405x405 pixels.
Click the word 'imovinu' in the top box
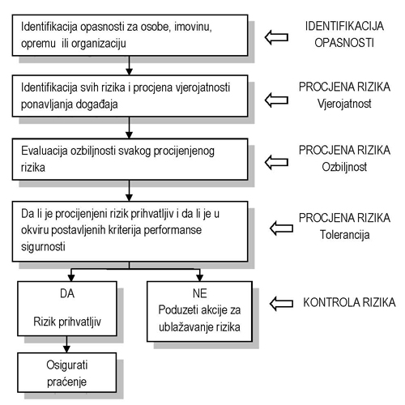point(193,27)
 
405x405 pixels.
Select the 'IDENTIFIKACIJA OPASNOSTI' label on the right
point(344,34)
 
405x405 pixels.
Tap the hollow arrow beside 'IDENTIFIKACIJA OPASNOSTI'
point(276,37)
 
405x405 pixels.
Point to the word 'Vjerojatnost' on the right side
point(344,104)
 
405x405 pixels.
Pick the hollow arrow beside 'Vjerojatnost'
point(276,100)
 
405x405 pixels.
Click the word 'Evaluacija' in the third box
point(45,151)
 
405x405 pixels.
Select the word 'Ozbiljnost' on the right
point(344,167)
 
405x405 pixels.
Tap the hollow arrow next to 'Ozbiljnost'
point(276,162)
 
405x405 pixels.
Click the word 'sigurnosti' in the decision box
point(43,246)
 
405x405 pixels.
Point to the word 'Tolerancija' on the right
point(345,235)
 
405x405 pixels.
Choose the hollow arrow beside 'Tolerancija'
point(282,228)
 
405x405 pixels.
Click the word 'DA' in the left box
point(67,293)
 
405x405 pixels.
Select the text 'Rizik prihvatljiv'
point(67,322)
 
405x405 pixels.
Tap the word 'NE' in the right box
point(200,293)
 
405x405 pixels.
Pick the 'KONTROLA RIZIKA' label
point(349,302)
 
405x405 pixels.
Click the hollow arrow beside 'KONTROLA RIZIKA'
point(282,303)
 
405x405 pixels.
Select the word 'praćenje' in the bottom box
point(66,382)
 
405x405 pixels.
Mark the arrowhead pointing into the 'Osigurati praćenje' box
point(66,349)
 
